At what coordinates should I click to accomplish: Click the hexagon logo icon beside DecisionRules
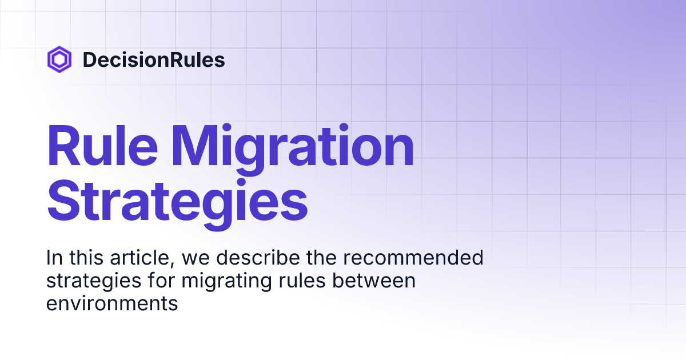click(59, 59)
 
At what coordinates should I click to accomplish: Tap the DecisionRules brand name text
click(153, 59)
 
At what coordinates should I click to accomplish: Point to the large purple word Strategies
click(177, 201)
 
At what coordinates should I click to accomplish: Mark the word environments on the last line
click(112, 303)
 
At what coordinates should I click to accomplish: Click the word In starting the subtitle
click(53, 258)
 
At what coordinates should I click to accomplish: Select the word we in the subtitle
click(194, 258)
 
